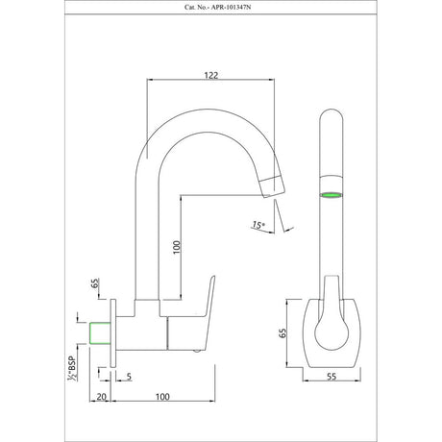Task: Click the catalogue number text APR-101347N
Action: click(230, 8)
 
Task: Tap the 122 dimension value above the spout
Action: click(211, 75)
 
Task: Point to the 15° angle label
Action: click(258, 225)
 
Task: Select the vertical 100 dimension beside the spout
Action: click(177, 247)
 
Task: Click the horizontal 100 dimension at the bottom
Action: click(162, 397)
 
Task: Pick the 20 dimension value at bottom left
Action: click(101, 397)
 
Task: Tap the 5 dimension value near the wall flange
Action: click(129, 377)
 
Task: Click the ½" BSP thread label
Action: click(71, 368)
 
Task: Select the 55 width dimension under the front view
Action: click(331, 377)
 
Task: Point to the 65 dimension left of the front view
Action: click(282, 333)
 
